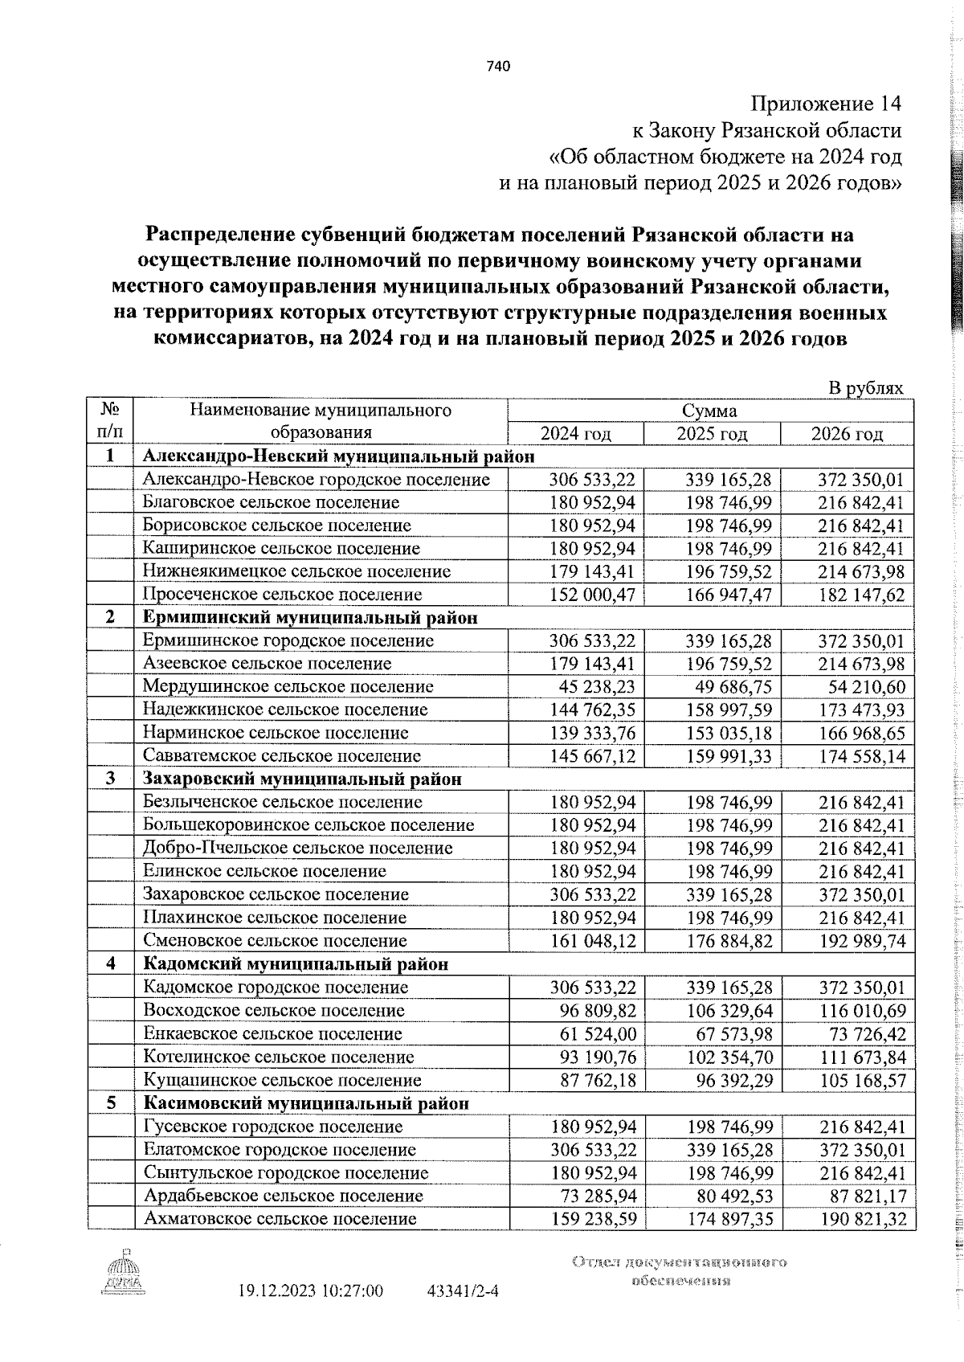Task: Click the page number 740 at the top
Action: click(498, 67)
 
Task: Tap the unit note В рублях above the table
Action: click(865, 388)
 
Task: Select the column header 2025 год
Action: click(712, 434)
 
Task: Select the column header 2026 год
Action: click(847, 434)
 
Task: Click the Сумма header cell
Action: click(709, 411)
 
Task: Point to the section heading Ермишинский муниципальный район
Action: click(309, 617)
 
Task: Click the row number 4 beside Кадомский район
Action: click(110, 963)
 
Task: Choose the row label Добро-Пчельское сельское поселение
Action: click(297, 848)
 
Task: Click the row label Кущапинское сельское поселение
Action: click(282, 1080)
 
